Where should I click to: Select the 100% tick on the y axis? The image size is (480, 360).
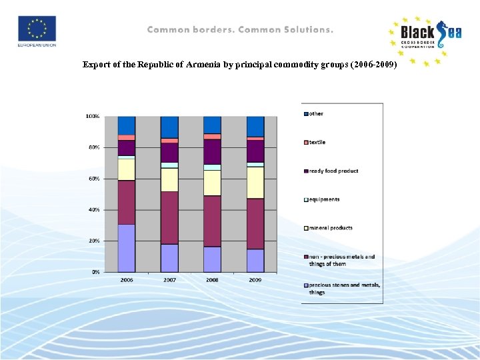point(93,116)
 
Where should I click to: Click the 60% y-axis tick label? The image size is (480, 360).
point(94,179)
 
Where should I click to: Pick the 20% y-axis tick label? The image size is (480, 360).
point(94,241)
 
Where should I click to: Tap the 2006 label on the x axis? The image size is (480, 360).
point(127,280)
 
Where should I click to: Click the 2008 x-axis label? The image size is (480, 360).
point(212,280)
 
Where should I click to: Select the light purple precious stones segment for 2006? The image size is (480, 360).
point(127,248)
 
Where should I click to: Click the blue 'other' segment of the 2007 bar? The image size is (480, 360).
point(169,127)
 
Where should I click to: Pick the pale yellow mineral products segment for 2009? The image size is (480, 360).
point(255,183)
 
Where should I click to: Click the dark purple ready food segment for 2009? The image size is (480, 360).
point(255,151)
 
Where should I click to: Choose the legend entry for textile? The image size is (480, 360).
point(317,142)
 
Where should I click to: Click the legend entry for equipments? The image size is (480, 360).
point(324,199)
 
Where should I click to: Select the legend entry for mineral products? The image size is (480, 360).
point(331,228)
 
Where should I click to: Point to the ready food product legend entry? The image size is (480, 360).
point(333,171)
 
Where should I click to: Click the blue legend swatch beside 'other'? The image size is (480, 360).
point(305,114)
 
